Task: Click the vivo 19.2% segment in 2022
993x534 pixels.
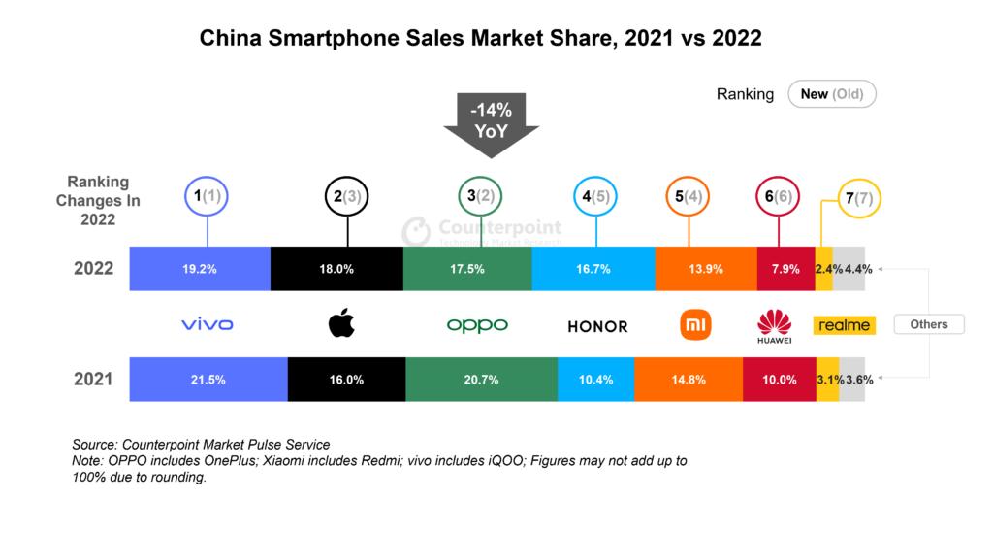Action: tap(199, 269)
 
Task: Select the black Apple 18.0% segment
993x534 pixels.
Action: tap(336, 269)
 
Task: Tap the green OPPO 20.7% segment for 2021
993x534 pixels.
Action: tap(481, 380)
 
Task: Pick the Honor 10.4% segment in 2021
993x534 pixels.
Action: tap(595, 380)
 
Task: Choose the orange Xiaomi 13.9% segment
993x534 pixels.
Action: tap(706, 269)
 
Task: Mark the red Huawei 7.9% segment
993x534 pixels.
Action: tap(785, 269)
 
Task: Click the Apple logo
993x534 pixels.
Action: tap(341, 324)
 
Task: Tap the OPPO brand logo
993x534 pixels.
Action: tap(476, 325)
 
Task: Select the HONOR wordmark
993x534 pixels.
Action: tap(597, 326)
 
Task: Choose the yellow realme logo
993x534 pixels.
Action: tap(844, 325)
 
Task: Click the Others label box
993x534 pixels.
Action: tap(928, 324)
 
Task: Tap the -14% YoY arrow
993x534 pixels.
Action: tap(491, 124)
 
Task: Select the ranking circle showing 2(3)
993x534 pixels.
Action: tap(346, 197)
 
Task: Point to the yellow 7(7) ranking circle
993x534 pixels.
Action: tap(857, 199)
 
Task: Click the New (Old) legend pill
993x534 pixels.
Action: tap(832, 94)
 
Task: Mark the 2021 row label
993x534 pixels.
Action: tap(93, 380)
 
